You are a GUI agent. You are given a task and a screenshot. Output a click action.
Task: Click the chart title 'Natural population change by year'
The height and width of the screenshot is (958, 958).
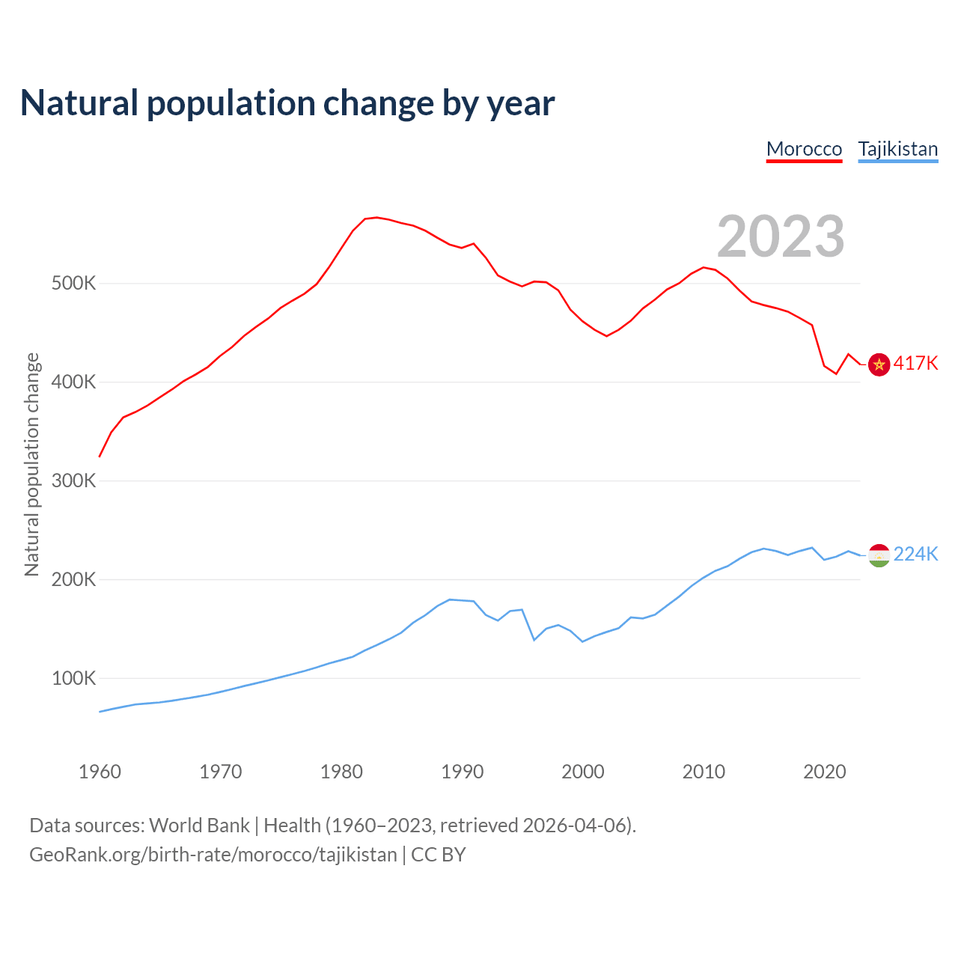pyautogui.click(x=287, y=103)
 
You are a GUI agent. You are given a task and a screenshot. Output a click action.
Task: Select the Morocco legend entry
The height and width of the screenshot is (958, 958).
pyautogui.click(x=804, y=149)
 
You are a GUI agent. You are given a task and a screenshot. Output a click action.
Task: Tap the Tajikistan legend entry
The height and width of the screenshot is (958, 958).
pyautogui.click(x=897, y=149)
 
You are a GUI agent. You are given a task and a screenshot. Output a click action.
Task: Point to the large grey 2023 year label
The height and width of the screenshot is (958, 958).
pyautogui.click(x=781, y=237)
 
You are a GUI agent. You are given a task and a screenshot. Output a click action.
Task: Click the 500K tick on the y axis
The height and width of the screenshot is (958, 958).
pyautogui.click(x=73, y=284)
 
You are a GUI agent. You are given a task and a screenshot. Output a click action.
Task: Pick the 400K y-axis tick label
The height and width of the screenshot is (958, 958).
pyautogui.click(x=73, y=382)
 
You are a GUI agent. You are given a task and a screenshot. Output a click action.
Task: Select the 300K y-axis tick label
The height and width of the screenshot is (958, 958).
pyautogui.click(x=73, y=480)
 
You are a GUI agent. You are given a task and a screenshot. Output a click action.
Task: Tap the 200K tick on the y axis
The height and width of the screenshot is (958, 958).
pyautogui.click(x=73, y=579)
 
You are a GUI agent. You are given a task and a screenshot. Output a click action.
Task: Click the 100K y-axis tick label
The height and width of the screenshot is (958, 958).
pyautogui.click(x=73, y=678)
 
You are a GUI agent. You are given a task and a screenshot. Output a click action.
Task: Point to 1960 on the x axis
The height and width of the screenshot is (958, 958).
pyautogui.click(x=100, y=772)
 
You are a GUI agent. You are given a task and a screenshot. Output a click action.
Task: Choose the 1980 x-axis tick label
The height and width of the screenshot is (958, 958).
pyautogui.click(x=341, y=772)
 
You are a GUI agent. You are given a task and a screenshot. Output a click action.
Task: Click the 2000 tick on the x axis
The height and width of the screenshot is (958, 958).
pyautogui.click(x=583, y=772)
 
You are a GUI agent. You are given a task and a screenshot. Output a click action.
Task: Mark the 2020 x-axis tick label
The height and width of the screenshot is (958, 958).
pyautogui.click(x=824, y=772)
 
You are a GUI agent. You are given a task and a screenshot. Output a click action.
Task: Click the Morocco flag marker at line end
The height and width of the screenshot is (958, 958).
pyautogui.click(x=879, y=364)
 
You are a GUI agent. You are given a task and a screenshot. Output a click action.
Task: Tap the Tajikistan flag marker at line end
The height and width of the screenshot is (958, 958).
pyautogui.click(x=879, y=555)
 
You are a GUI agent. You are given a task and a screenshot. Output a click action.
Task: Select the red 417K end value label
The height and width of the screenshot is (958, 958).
pyautogui.click(x=915, y=363)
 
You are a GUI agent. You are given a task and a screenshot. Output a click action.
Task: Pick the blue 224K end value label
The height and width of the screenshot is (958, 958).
pyautogui.click(x=915, y=554)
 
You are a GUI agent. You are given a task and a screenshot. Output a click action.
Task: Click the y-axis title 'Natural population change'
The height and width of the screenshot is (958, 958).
pyautogui.click(x=31, y=464)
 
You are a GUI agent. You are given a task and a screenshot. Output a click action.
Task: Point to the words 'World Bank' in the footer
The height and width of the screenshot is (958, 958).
pyautogui.click(x=199, y=826)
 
